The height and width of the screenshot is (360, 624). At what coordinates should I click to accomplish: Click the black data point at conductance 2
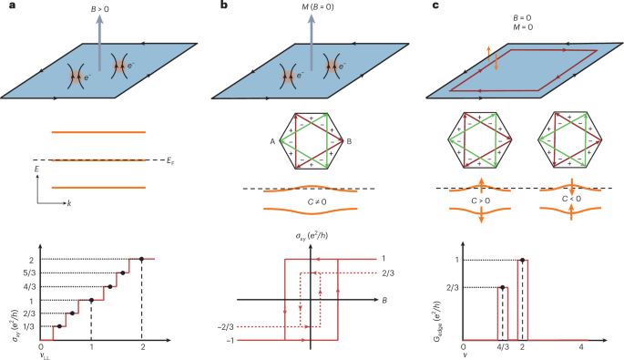[141, 259]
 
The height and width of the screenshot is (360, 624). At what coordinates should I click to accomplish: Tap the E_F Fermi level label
[171, 160]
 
